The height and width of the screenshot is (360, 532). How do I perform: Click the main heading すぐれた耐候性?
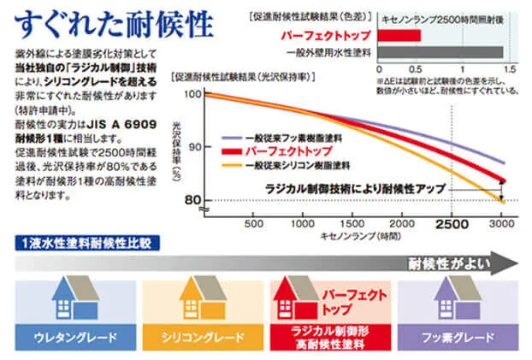click(x=109, y=22)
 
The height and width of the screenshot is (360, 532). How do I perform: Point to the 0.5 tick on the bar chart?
click(x=418, y=69)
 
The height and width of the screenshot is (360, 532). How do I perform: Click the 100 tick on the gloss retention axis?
click(x=192, y=93)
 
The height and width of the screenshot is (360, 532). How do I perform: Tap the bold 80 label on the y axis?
click(x=194, y=200)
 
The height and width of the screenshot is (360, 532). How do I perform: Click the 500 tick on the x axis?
click(x=254, y=224)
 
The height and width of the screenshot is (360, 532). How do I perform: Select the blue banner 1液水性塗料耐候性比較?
click(x=86, y=242)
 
